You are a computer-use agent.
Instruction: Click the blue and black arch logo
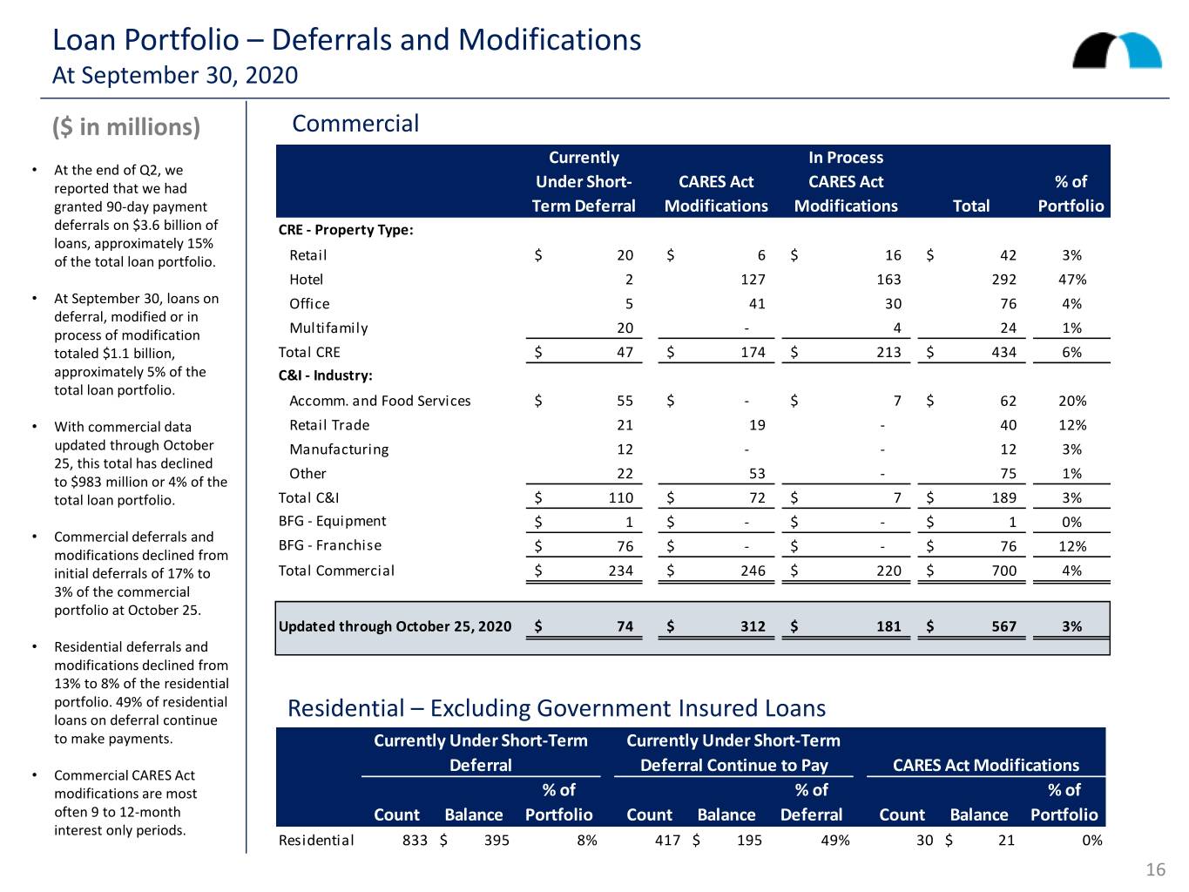click(x=1117, y=51)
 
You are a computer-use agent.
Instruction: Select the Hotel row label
click(x=306, y=280)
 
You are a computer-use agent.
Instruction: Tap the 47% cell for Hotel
click(x=1072, y=280)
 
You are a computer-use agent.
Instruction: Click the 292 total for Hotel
click(x=1003, y=280)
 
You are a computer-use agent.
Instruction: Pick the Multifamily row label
click(x=328, y=328)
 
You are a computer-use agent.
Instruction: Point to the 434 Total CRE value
click(x=1003, y=352)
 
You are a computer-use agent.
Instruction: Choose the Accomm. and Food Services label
click(x=380, y=401)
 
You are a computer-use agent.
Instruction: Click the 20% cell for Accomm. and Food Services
click(x=1072, y=401)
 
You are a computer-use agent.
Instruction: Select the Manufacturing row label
click(x=339, y=449)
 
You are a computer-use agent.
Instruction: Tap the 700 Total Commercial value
click(x=1003, y=571)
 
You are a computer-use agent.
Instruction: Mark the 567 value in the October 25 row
click(x=1003, y=626)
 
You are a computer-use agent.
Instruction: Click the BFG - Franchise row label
click(x=330, y=544)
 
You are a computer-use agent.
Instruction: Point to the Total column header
click(x=970, y=206)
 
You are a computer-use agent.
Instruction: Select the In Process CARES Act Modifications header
click(x=846, y=181)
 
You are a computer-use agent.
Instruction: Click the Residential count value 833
click(x=415, y=840)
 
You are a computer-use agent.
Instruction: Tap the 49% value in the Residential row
click(x=835, y=840)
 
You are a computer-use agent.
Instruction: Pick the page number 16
click(x=1155, y=869)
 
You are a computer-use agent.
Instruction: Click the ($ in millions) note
click(x=126, y=126)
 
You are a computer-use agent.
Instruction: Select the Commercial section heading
click(x=355, y=124)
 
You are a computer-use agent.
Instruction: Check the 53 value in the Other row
click(x=757, y=473)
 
